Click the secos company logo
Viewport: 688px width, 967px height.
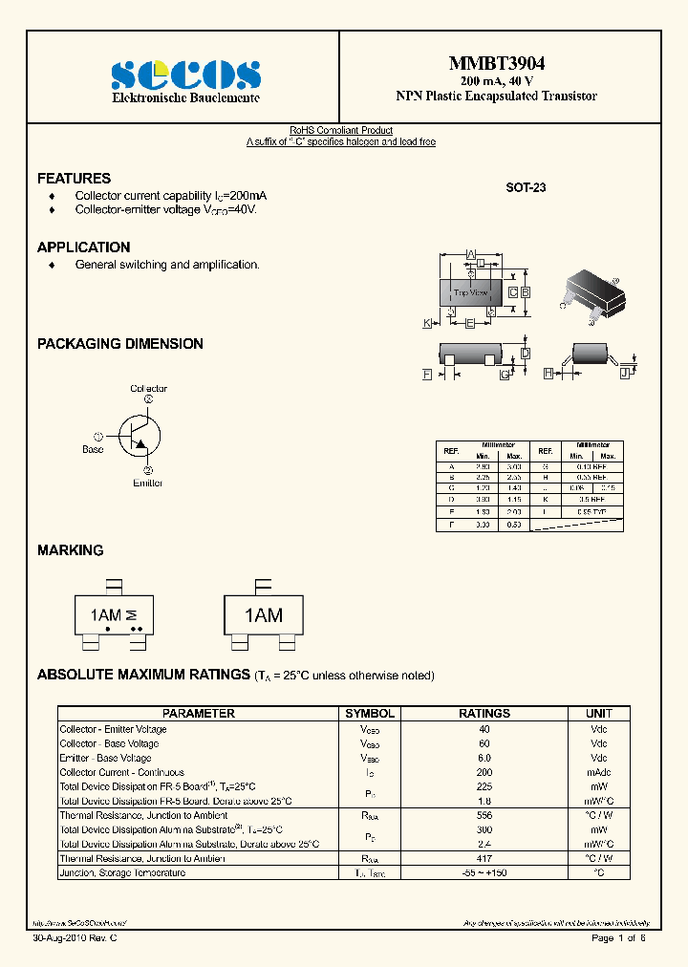(x=185, y=75)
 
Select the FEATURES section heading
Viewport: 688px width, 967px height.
(x=74, y=179)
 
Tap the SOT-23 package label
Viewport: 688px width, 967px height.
(x=526, y=188)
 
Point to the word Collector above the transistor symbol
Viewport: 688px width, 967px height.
(x=148, y=389)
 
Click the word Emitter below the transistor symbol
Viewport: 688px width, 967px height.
(x=148, y=483)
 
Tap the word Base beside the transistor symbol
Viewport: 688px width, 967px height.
(x=93, y=449)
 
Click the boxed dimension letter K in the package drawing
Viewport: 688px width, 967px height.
(x=427, y=324)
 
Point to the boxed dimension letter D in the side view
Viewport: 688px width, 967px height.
(x=526, y=354)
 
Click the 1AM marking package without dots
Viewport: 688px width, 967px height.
(x=263, y=615)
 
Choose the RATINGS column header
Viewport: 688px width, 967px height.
(x=484, y=714)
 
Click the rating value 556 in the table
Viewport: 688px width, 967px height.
(x=484, y=816)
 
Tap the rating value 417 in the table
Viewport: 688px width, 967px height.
(x=484, y=859)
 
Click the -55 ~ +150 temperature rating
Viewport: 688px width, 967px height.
(x=484, y=873)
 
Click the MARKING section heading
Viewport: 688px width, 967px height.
(x=70, y=550)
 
